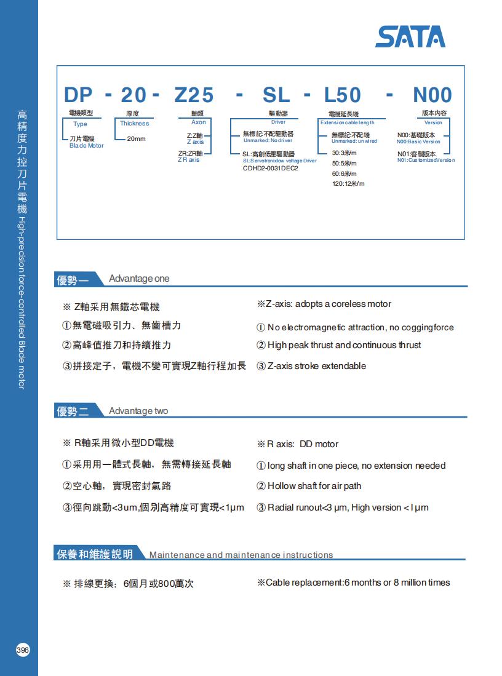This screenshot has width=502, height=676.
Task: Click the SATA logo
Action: pyautogui.click(x=410, y=37)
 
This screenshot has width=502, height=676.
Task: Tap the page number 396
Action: pyautogui.click(x=23, y=650)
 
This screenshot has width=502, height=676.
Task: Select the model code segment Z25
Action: pyautogui.click(x=194, y=95)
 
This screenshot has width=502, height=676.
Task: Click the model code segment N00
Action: pyautogui.click(x=432, y=95)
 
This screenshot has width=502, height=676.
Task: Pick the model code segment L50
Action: pyautogui.click(x=343, y=95)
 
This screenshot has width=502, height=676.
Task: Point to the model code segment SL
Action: pyautogui.click(x=276, y=95)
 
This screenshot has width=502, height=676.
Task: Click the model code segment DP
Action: pyautogui.click(x=78, y=95)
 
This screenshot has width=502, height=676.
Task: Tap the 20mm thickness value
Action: pyautogui.click(x=136, y=139)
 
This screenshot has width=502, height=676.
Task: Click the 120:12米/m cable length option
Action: pyautogui.click(x=348, y=184)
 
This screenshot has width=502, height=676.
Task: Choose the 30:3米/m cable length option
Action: pyautogui.click(x=345, y=153)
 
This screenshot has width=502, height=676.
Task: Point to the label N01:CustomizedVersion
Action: pyautogui.click(x=426, y=160)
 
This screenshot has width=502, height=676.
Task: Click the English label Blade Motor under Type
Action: pyautogui.click(x=87, y=146)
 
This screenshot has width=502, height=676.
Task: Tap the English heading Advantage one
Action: pyautogui.click(x=139, y=279)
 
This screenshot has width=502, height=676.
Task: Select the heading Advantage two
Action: pyautogui.click(x=138, y=411)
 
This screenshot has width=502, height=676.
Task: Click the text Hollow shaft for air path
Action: pyautogui.click(x=314, y=486)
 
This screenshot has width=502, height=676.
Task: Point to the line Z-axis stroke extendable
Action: pyautogui.click(x=316, y=366)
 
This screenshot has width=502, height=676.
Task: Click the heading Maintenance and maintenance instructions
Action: pyautogui.click(x=241, y=555)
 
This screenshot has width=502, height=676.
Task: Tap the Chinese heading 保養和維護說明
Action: pyautogui.click(x=94, y=554)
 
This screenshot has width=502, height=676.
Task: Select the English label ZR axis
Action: pyautogui.click(x=189, y=160)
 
